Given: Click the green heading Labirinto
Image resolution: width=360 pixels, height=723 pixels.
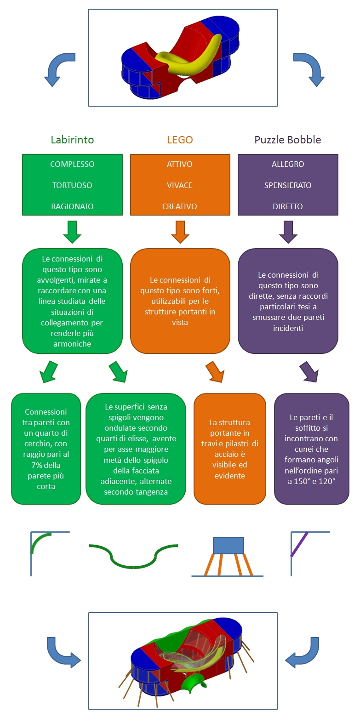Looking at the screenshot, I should click(x=72, y=140).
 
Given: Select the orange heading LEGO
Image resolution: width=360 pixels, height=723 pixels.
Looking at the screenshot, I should click(x=180, y=140).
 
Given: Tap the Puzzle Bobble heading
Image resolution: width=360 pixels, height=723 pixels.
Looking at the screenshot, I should click(x=288, y=140).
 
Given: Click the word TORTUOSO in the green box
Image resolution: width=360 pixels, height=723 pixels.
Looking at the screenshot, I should click(x=72, y=185).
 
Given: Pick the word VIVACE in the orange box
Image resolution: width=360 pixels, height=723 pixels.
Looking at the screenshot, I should click(x=180, y=185).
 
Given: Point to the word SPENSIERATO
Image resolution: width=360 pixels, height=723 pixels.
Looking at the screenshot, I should click(x=288, y=185).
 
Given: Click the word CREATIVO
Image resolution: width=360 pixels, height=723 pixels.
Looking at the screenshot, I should click(x=180, y=206).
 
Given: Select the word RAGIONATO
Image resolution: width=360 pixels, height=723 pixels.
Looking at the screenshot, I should click(x=72, y=206).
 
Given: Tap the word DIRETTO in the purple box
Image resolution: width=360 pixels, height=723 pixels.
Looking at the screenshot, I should click(x=288, y=206).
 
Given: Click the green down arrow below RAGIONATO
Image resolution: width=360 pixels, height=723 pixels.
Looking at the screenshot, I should click(x=72, y=232).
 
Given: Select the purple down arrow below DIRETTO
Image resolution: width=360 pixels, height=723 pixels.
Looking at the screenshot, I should click(x=288, y=232).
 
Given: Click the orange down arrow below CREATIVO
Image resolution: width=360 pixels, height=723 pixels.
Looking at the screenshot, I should click(x=180, y=232).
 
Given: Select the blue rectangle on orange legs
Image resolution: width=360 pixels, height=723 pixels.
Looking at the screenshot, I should click(x=229, y=546).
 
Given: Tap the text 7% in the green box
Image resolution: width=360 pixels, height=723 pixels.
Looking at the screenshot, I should click(x=37, y=465).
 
